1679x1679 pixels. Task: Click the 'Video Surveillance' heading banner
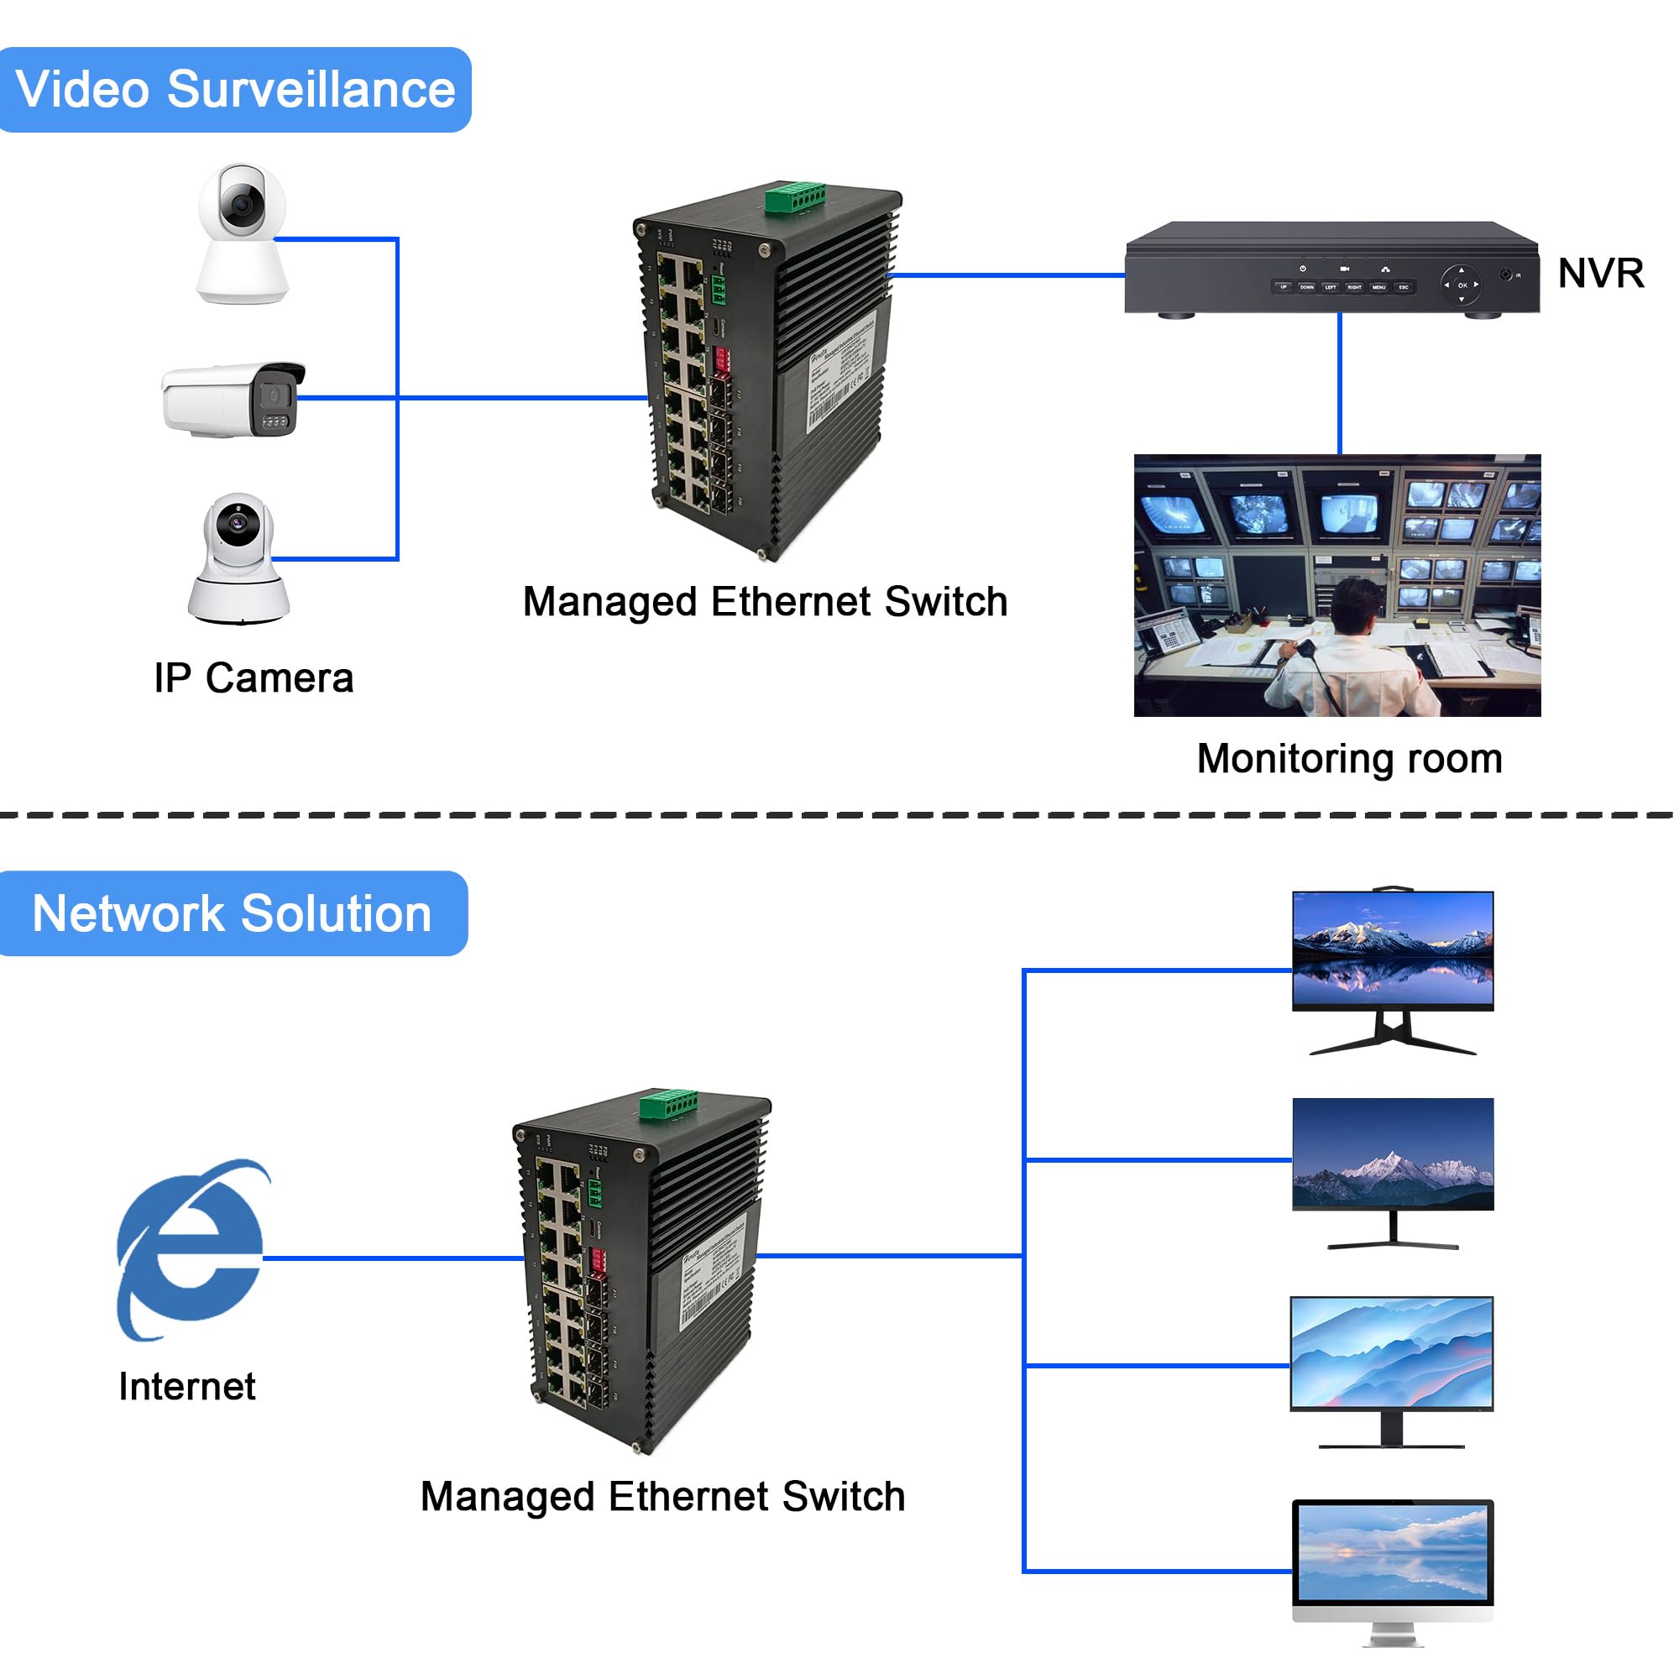click(235, 90)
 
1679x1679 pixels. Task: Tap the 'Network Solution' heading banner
click(232, 913)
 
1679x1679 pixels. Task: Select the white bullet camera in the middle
click(233, 399)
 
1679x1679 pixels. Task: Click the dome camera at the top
click(242, 233)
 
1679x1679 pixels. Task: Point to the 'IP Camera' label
click(254, 677)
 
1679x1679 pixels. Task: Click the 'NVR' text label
click(1600, 273)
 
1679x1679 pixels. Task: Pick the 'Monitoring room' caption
click(1349, 758)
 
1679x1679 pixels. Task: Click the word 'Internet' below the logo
click(187, 1386)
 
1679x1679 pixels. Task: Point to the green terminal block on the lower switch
click(668, 1104)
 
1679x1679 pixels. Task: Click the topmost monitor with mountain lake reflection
click(1392, 952)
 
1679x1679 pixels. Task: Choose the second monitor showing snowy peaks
click(1392, 1154)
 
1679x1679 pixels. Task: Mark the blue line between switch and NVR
click(1008, 275)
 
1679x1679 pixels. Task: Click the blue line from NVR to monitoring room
click(1339, 382)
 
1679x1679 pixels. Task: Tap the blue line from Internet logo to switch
click(391, 1258)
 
